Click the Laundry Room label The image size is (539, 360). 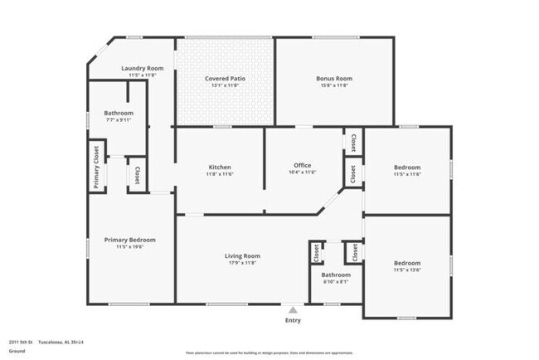click(x=143, y=68)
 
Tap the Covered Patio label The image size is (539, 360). click(x=225, y=79)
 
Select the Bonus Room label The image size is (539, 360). click(x=334, y=79)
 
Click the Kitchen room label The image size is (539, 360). click(x=219, y=167)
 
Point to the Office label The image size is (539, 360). click(x=302, y=165)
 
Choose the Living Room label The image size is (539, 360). click(x=242, y=256)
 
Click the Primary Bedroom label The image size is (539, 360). click(x=129, y=240)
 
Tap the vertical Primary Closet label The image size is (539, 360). click(x=96, y=168)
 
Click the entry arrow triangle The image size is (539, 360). click(x=293, y=310)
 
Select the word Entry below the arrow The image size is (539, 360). click(x=293, y=320)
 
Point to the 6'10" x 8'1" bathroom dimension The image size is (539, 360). click(x=336, y=282)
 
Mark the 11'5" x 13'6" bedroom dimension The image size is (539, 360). click(x=406, y=270)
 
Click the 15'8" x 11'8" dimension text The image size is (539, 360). click(x=334, y=85)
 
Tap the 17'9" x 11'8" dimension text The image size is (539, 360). click(x=242, y=264)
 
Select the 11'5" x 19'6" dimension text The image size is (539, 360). click(x=129, y=247)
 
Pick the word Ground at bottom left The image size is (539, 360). click(x=17, y=351)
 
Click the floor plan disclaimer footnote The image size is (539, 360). click(x=269, y=353)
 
